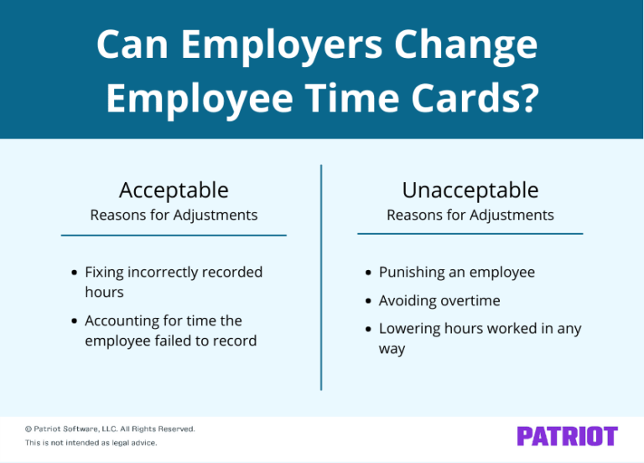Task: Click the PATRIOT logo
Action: point(567,436)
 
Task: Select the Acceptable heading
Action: point(174,190)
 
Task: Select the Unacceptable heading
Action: point(470,190)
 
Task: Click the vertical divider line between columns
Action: point(321,277)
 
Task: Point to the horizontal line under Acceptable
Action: point(174,235)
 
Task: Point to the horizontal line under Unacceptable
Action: point(470,233)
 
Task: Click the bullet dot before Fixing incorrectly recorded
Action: point(75,273)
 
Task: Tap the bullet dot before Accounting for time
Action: point(75,321)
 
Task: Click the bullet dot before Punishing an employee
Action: point(370,273)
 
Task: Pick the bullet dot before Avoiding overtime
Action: point(370,301)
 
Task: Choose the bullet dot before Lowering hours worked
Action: point(370,330)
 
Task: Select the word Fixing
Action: point(104,273)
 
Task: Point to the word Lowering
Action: point(410,329)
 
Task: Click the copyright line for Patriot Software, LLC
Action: point(110,429)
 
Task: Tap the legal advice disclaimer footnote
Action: point(91,442)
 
